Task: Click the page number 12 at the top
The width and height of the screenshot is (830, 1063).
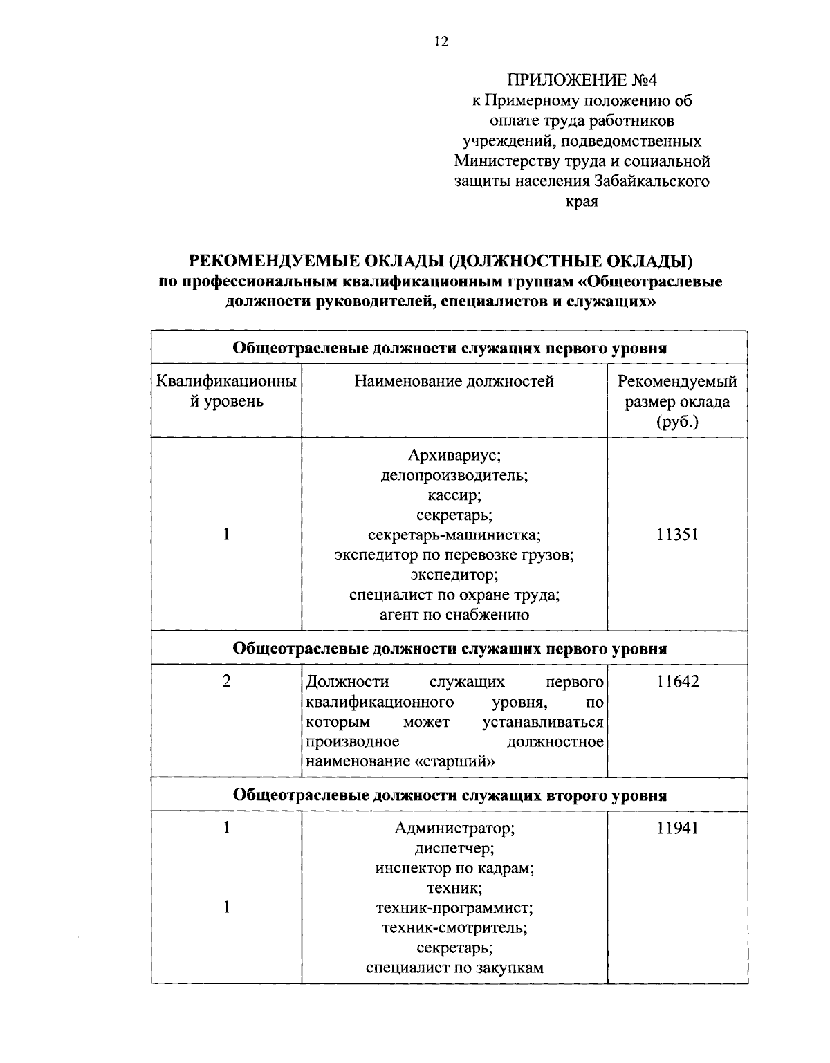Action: point(441,42)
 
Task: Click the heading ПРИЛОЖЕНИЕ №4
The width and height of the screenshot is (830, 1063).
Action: point(581,80)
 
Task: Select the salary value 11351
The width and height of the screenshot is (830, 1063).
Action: point(677,535)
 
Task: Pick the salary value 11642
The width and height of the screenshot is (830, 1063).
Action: point(677,682)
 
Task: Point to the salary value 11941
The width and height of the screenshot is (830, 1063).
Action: point(677,828)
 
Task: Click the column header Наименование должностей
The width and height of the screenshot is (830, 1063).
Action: point(454,382)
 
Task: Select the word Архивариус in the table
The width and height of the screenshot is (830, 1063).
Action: point(454,456)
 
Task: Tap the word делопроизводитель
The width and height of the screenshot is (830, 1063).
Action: point(454,476)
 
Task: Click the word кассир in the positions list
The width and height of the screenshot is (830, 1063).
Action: point(454,495)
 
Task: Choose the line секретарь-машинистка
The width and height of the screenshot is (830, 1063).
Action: point(454,535)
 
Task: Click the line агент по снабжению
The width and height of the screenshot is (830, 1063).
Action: point(454,615)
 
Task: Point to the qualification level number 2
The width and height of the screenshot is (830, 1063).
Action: point(226,682)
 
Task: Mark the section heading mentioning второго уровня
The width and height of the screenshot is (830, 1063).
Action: point(450,795)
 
